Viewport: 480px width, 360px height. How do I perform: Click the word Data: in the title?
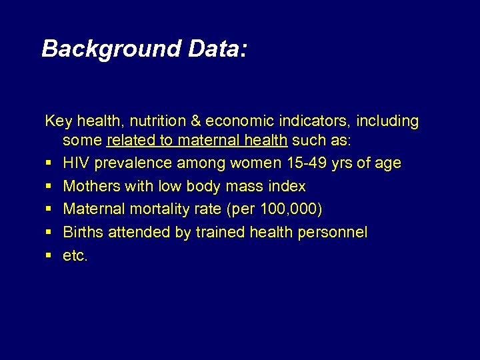(217, 49)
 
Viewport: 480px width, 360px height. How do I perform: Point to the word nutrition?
(158, 121)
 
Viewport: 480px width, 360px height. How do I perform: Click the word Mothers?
(91, 186)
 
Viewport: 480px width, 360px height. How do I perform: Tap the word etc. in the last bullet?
(75, 255)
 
